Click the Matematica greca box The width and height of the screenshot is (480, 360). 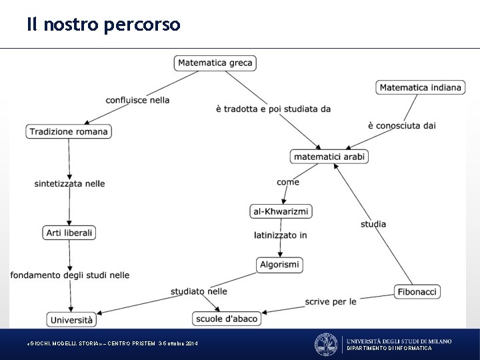coord(215,63)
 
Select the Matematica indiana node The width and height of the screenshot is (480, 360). coord(420,87)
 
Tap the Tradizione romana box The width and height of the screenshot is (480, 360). coord(69,131)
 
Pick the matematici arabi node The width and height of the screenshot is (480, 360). coord(329,157)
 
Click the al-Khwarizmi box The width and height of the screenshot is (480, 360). coord(281,211)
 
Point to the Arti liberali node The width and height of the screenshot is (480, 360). coord(69,233)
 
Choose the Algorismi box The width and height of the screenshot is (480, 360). coord(279,265)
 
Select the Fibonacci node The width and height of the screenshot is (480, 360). coord(417,291)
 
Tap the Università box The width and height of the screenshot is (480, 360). coord(71,320)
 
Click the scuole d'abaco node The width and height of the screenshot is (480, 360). coord(227,319)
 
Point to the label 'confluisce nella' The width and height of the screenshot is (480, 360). coord(137,100)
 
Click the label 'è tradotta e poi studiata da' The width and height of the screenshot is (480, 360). coord(273,109)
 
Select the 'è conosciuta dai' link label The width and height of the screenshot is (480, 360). coord(401,125)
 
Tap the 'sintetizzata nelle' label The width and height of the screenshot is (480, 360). coord(70,183)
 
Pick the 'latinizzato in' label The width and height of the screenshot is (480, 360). coord(281,235)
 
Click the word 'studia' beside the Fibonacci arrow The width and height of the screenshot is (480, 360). coord(373,224)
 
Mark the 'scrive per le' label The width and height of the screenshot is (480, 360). coord(331,301)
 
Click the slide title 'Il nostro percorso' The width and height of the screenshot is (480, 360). coord(103,25)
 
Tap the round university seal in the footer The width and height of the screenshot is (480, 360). coord(326,345)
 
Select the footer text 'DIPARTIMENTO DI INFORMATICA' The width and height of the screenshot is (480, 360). coord(389,349)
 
